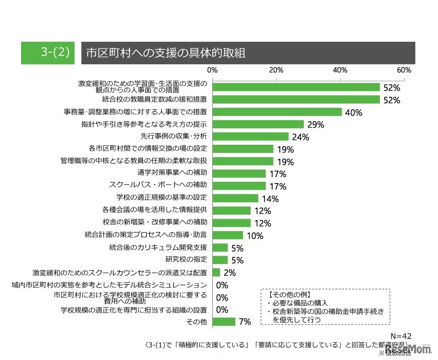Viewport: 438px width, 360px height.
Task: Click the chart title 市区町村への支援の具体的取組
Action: coord(165,53)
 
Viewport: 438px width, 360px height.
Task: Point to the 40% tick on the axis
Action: coord(340,70)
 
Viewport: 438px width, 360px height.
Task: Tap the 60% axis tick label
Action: coord(404,70)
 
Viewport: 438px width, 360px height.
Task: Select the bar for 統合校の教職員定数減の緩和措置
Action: coord(296,100)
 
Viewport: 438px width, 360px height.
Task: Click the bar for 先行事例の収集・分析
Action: coord(251,137)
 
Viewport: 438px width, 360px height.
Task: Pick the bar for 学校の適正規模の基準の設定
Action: coord(235,198)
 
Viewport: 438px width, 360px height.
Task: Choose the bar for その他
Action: coord(224,321)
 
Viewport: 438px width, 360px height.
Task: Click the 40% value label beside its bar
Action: coord(354,113)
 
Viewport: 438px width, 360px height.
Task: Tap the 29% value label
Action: coord(316,125)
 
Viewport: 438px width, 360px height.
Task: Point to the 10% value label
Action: coord(255,236)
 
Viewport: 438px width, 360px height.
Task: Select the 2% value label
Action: coord(229,273)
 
